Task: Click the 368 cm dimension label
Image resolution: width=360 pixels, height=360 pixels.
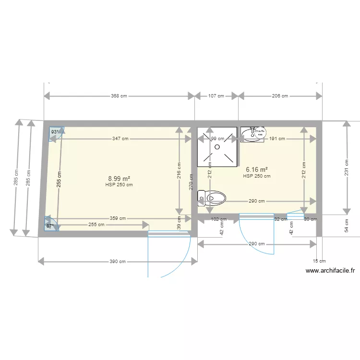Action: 119,96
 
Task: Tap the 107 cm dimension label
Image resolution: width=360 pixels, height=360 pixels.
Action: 216,96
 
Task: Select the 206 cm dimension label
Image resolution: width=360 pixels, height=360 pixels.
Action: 280,96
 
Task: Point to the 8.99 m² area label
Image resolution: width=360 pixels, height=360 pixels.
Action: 119,178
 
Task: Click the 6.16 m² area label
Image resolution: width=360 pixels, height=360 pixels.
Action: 256,169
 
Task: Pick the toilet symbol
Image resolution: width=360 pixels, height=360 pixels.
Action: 212,197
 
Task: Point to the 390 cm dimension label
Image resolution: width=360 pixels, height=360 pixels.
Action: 118,262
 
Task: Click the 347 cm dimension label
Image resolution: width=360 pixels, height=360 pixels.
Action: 120,139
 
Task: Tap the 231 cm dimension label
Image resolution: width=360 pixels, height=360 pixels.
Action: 347,168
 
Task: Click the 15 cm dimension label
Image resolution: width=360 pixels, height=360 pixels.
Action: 319,261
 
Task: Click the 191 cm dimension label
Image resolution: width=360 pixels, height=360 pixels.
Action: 277,139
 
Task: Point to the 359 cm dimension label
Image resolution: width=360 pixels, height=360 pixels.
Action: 118,218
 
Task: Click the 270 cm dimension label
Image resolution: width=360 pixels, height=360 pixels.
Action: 191,183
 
